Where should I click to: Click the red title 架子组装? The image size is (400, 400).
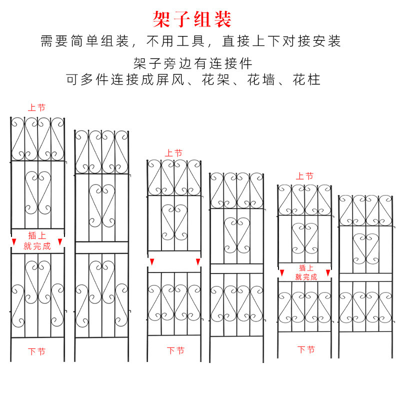tap(192, 19)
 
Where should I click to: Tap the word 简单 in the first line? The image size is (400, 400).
tap(89, 41)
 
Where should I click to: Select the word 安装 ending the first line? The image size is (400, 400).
tap(327, 41)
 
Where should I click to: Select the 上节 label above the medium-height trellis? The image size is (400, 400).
tap(173, 153)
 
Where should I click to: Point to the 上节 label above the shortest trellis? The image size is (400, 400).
tap(304, 176)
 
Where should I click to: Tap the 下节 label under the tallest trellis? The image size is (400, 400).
tap(36, 351)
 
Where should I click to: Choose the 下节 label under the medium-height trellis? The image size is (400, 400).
tap(175, 350)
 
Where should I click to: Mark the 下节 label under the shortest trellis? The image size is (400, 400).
tap(306, 349)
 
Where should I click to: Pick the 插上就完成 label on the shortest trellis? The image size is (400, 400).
tap(306, 272)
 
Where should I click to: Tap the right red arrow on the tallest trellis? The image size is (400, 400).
tap(61, 242)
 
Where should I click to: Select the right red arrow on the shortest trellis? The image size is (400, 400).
tap(328, 272)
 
